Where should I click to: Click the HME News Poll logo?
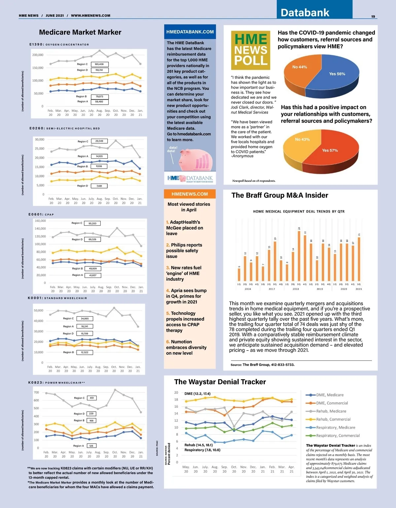[x=251, y=50]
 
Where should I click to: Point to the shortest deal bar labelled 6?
[x=239, y=275]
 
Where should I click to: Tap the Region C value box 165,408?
[x=99, y=64]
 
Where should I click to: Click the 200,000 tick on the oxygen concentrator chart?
[x=38, y=55]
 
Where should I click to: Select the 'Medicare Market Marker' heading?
[x=80, y=32]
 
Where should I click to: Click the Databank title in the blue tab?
[x=305, y=13]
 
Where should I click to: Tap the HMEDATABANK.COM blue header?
[x=190, y=32]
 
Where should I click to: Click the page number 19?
[x=373, y=17]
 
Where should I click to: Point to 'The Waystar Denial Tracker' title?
[x=220, y=382]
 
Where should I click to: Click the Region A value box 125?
[x=91, y=446]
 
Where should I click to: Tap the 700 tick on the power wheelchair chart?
[x=36, y=392]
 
